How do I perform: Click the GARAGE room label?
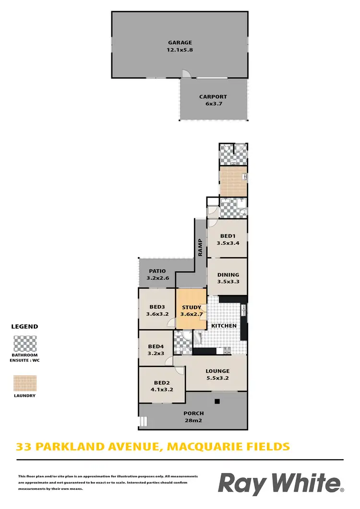180,42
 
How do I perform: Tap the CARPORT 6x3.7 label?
213,96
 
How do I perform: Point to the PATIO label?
157,271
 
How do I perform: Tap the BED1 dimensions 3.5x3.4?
228,243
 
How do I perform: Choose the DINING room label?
228,275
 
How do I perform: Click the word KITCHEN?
224,326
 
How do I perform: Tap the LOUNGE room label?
217,371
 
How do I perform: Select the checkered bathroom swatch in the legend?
24,343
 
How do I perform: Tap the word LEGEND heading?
24,326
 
